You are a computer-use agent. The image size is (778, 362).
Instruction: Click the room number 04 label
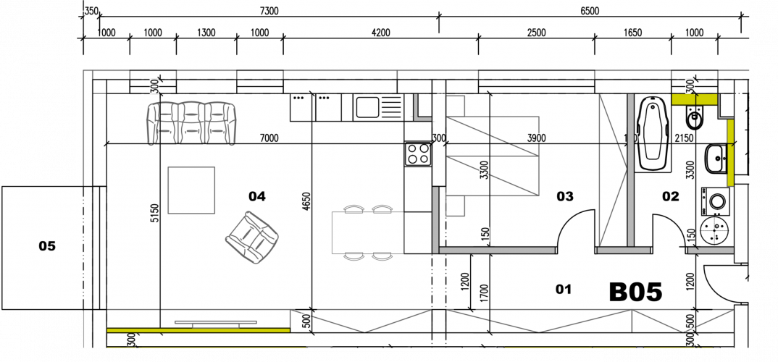(x=257, y=196)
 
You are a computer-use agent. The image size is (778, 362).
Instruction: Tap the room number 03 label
(x=564, y=196)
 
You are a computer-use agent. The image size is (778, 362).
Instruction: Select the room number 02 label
(x=671, y=196)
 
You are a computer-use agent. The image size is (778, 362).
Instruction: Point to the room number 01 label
(x=564, y=290)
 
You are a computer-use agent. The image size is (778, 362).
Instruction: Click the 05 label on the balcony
(x=47, y=247)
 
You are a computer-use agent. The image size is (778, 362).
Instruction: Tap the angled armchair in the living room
(x=251, y=237)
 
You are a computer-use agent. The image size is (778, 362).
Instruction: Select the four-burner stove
(x=417, y=153)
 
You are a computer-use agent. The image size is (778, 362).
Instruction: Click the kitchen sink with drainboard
(x=377, y=108)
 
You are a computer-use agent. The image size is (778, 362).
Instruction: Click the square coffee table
(x=191, y=190)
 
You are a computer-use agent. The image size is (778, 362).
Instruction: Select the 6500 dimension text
(x=590, y=12)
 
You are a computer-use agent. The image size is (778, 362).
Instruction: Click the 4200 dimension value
(x=380, y=33)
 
